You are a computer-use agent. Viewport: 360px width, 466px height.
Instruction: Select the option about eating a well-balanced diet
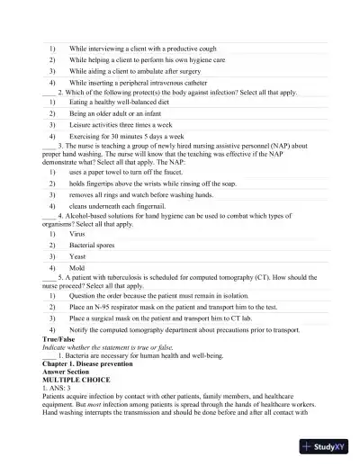point(121,103)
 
